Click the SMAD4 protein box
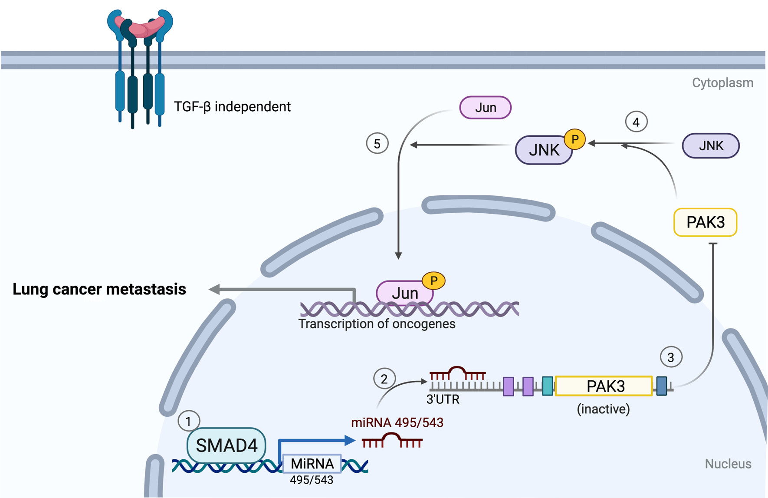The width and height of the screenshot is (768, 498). click(x=226, y=445)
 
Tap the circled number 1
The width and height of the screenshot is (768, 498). click(x=188, y=421)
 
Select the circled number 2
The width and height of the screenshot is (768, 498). click(x=384, y=379)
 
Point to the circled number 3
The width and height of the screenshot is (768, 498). click(x=671, y=357)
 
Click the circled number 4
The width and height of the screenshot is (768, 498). click(x=636, y=122)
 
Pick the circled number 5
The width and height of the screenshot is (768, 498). click(x=377, y=144)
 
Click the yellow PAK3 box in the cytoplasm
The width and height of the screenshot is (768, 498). click(x=705, y=222)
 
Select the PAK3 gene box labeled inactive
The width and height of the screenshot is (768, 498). click(x=604, y=386)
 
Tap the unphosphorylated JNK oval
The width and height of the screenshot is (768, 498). click(x=711, y=146)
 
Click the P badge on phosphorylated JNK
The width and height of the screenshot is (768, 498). click(x=575, y=139)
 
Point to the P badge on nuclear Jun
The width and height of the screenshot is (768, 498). click(x=433, y=280)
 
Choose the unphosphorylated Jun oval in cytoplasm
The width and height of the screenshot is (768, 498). click(x=485, y=108)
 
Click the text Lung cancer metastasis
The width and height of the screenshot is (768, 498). click(x=99, y=289)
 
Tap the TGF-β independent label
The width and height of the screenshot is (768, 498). click(x=232, y=106)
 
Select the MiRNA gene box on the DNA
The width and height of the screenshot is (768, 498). click(x=312, y=464)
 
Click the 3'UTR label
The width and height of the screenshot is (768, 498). click(x=443, y=399)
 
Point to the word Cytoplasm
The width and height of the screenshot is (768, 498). click(x=722, y=83)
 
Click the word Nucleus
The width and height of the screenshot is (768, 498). click(x=728, y=464)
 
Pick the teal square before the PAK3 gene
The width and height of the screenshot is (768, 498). click(x=548, y=386)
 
